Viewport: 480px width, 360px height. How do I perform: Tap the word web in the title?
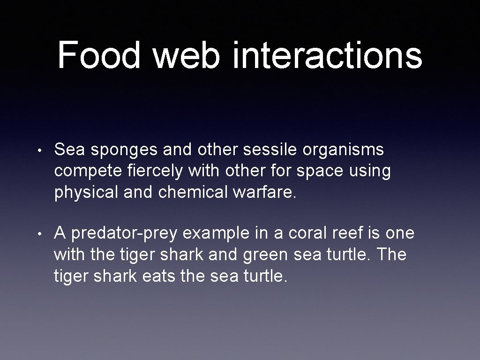tap(187, 55)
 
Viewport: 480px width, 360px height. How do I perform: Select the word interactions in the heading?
tap(327, 55)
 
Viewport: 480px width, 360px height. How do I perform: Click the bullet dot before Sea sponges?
tap(42, 151)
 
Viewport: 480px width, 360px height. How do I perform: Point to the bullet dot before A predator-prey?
tap(42, 233)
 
